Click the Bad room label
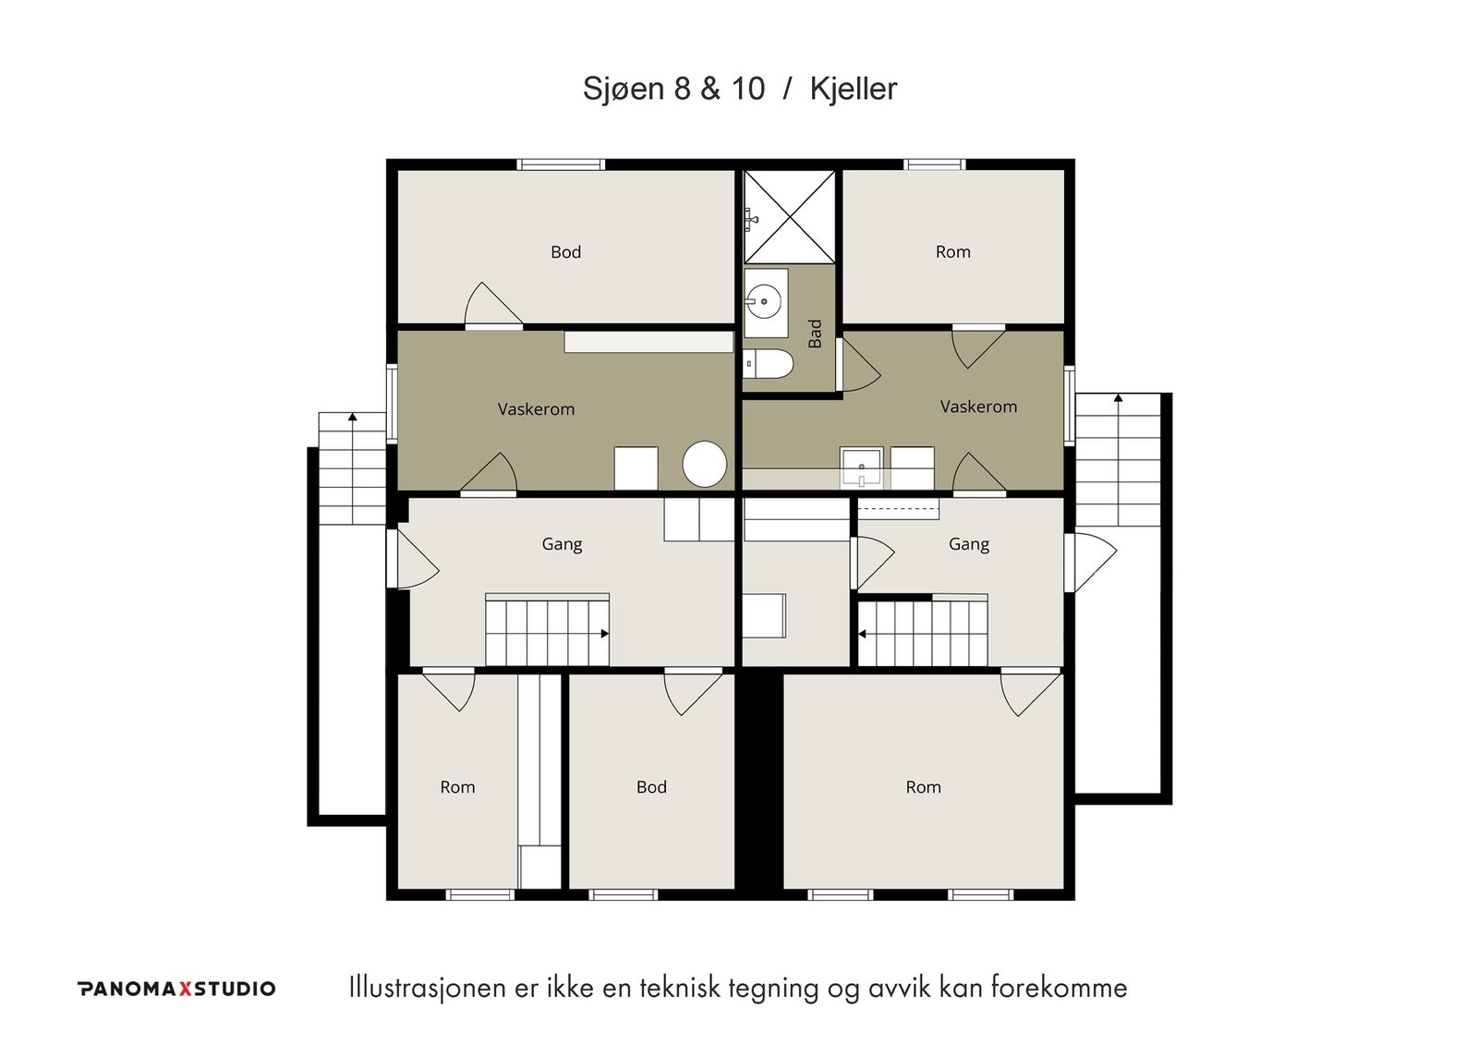815,334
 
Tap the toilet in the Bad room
768,364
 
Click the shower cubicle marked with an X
789,217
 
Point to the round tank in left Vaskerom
705,464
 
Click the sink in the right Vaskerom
861,467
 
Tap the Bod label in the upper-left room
565,252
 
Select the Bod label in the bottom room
651,787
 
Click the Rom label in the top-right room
952,251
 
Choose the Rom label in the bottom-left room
457,787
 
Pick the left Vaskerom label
536,409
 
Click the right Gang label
969,544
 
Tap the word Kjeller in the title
854,89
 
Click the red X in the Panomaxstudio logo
186,989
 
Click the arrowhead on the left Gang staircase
604,634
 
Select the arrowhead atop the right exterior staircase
1118,398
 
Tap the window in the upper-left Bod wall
560,164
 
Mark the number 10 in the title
747,89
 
